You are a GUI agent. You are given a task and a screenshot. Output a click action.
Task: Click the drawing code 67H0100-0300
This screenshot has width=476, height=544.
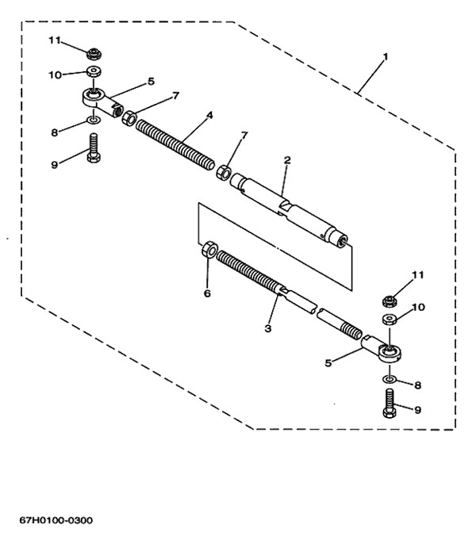[56, 520]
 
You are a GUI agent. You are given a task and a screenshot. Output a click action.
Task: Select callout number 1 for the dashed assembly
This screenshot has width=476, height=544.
[385, 56]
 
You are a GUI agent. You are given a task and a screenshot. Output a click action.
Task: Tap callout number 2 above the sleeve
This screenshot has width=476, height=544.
[286, 160]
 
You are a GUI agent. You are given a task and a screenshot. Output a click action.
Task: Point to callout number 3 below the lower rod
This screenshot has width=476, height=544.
[267, 328]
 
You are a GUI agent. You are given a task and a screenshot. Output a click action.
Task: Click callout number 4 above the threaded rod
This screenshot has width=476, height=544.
[209, 115]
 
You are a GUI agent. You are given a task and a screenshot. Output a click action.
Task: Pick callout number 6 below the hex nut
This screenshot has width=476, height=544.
[207, 293]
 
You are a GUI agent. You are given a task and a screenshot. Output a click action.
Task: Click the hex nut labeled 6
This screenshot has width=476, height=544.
[209, 250]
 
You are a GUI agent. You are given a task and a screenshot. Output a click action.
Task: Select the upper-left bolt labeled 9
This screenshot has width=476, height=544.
[94, 147]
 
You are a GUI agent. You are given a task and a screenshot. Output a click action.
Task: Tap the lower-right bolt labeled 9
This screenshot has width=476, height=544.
[390, 403]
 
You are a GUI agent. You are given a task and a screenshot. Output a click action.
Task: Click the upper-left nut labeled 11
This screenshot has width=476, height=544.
[94, 54]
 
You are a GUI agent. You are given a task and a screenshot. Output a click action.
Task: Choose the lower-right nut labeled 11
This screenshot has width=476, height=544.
[390, 301]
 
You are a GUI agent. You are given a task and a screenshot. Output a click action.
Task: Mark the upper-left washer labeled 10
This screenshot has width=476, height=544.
[94, 72]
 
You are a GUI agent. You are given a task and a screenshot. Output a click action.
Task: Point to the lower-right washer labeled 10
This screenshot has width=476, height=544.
[390, 319]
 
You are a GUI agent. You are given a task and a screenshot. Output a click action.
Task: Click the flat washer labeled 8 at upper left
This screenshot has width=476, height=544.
[94, 121]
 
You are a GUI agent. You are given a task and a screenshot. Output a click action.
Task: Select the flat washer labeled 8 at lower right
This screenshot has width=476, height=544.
[390, 379]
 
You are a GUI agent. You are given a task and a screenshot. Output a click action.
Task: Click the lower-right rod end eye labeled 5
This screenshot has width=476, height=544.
[382, 349]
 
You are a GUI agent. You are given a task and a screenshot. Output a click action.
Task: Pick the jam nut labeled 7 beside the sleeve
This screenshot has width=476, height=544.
[223, 172]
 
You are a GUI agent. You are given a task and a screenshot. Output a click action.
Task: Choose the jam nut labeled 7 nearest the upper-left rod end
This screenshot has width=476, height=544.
[129, 118]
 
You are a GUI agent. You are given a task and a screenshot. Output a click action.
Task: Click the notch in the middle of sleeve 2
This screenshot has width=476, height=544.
[286, 207]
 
